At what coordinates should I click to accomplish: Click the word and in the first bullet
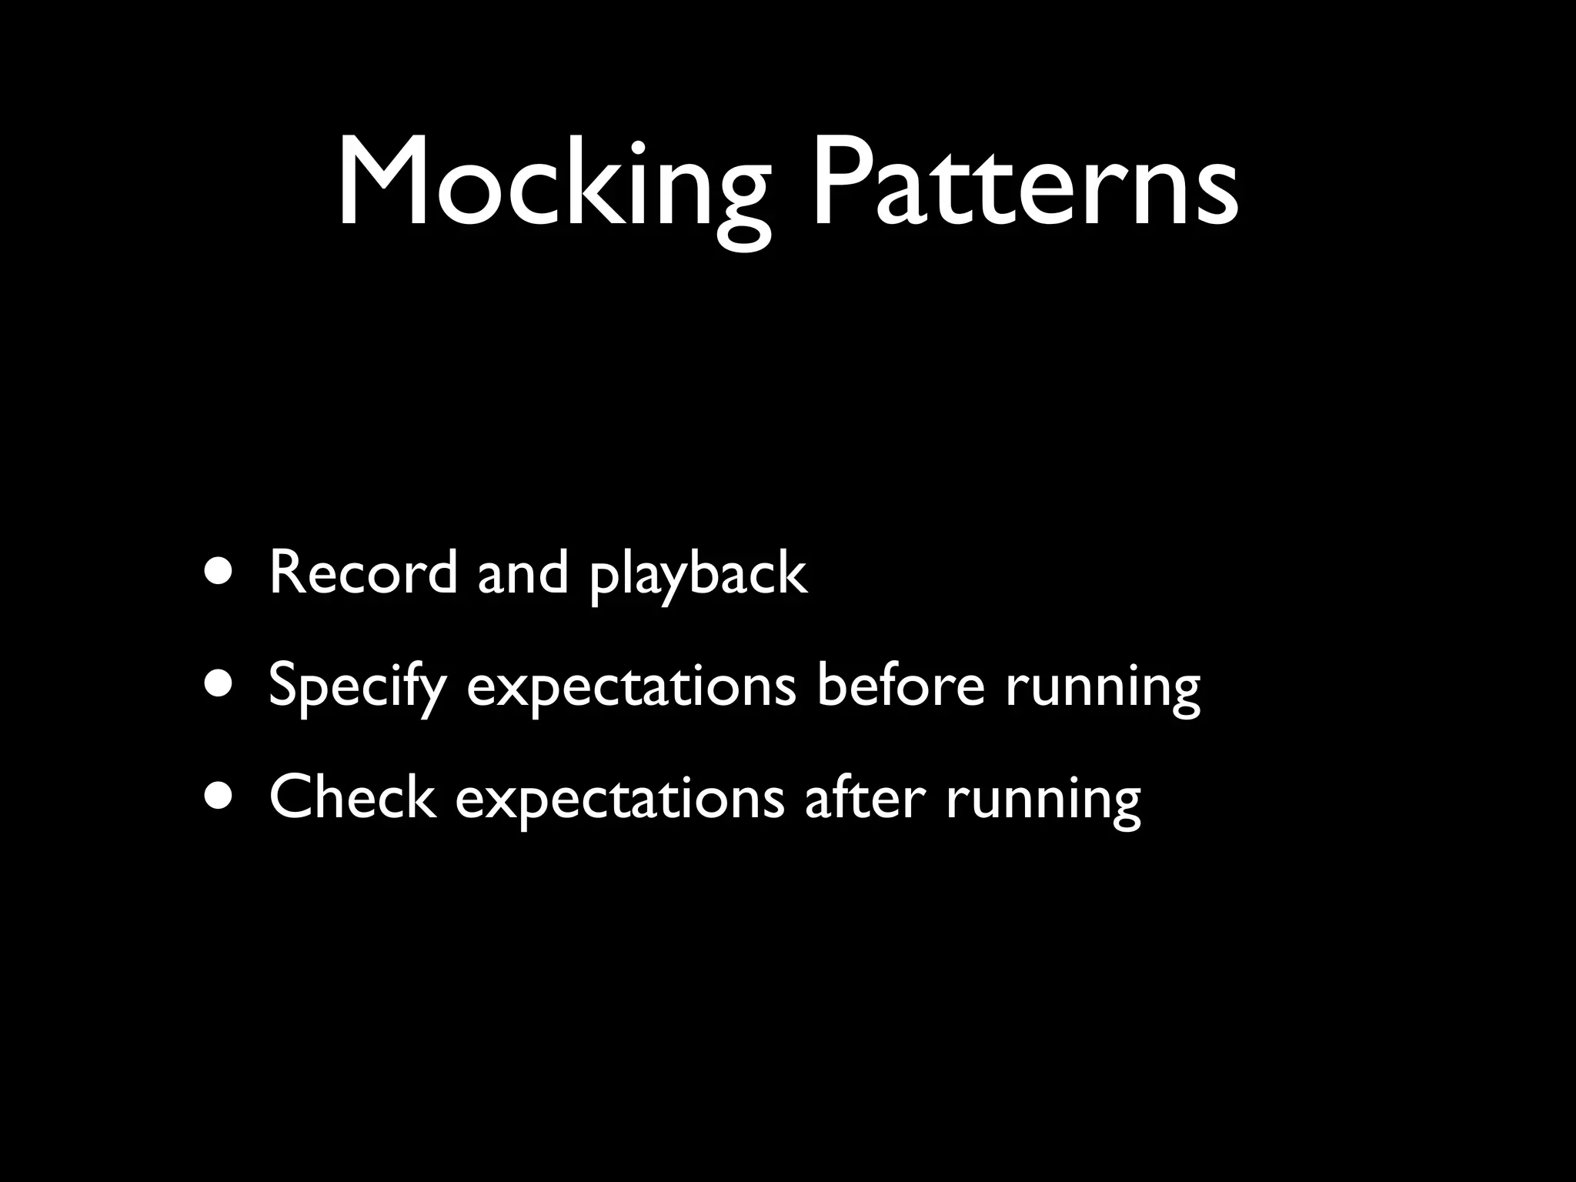(x=523, y=573)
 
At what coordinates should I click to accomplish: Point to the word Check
(x=352, y=797)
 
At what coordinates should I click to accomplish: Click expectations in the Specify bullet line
(x=631, y=687)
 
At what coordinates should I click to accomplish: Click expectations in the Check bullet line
(x=620, y=800)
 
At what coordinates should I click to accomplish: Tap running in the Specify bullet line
(x=1102, y=687)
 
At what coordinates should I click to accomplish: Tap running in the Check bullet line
(x=1043, y=800)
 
